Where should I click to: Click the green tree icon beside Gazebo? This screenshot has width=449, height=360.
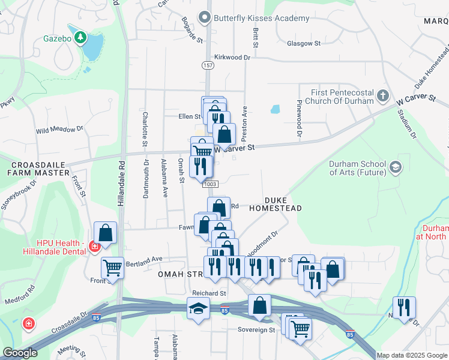click(79, 38)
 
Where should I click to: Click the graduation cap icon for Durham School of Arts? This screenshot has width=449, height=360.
click(395, 167)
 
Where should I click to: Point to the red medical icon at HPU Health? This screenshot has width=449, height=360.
click(94, 246)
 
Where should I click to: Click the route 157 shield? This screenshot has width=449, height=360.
click(208, 65)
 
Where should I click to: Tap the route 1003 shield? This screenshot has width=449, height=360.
click(209, 184)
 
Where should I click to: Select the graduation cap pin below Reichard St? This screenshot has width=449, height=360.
click(198, 309)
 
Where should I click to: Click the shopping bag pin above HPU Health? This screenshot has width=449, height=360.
click(105, 232)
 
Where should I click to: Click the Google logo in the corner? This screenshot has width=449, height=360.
click(20, 353)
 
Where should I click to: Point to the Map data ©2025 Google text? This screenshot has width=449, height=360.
click(412, 355)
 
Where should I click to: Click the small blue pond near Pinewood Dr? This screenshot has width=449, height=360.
click(275, 109)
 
